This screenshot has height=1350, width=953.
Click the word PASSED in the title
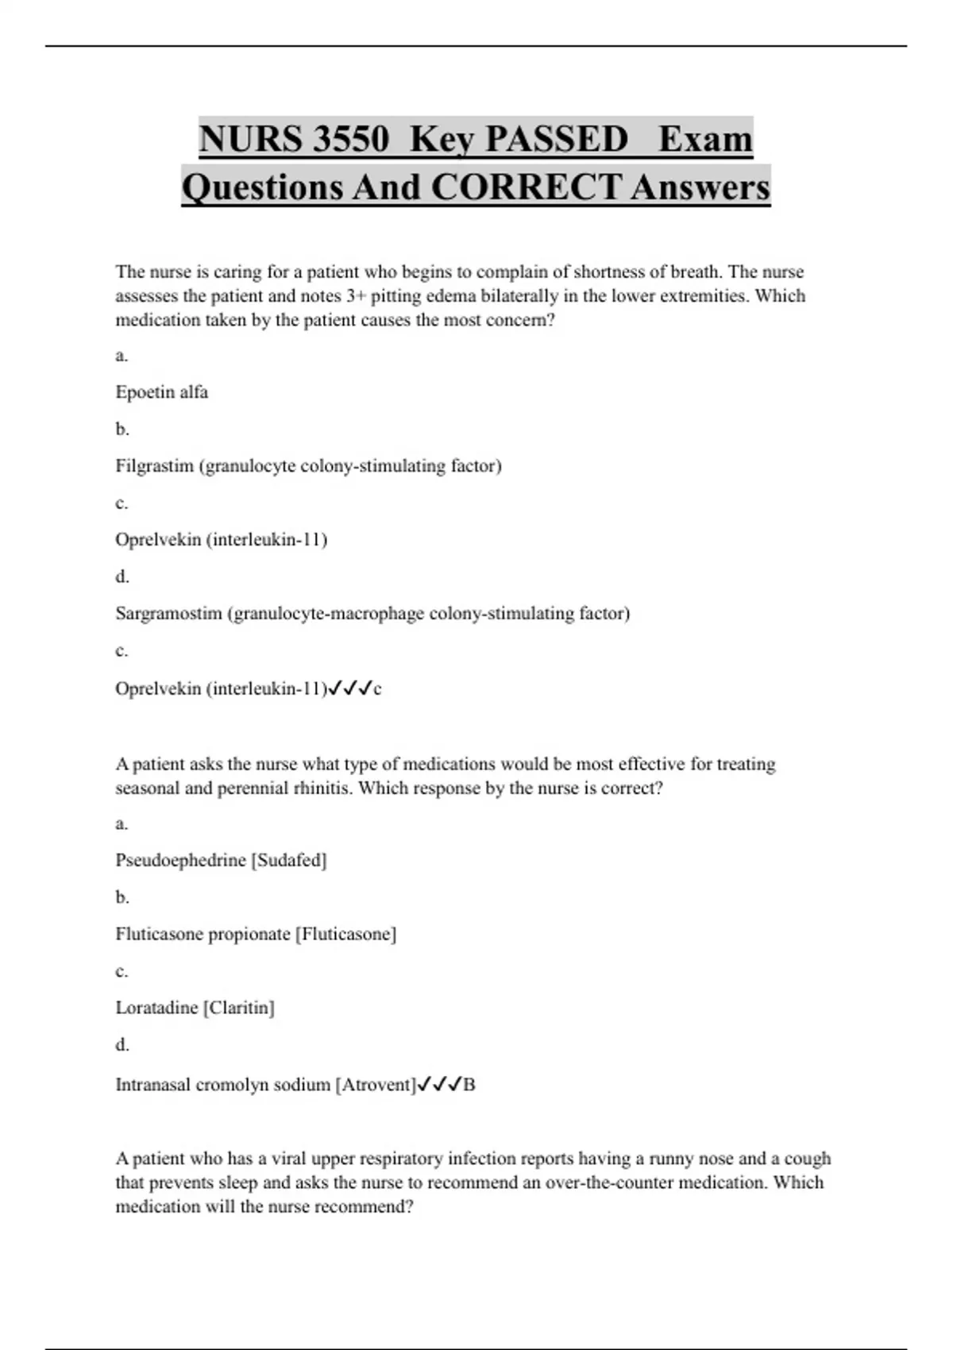[556, 139]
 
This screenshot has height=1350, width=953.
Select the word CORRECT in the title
[525, 187]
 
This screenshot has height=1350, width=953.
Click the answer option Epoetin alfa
[162, 391]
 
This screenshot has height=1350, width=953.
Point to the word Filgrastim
[155, 465]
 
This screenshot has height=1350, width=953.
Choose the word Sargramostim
[168, 613]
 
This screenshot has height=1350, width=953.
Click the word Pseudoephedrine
[180, 860]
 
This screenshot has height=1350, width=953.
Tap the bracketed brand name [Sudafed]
[289, 860]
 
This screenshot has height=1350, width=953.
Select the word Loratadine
[156, 1008]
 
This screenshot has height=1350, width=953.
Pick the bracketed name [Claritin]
[239, 1008]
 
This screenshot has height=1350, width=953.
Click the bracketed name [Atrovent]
[376, 1085]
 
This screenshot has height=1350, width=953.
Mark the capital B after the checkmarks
[469, 1085]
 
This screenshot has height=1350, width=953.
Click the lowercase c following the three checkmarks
[377, 689]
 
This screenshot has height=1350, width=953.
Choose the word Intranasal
[153, 1085]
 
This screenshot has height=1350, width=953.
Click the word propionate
[253, 934]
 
